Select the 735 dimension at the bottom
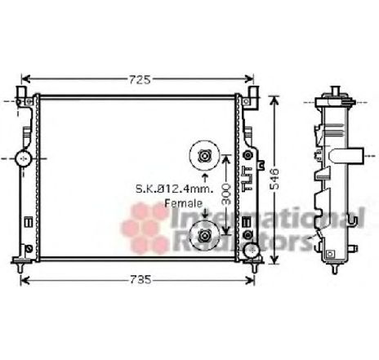click(141, 280)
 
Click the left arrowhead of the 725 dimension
click(25, 79)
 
